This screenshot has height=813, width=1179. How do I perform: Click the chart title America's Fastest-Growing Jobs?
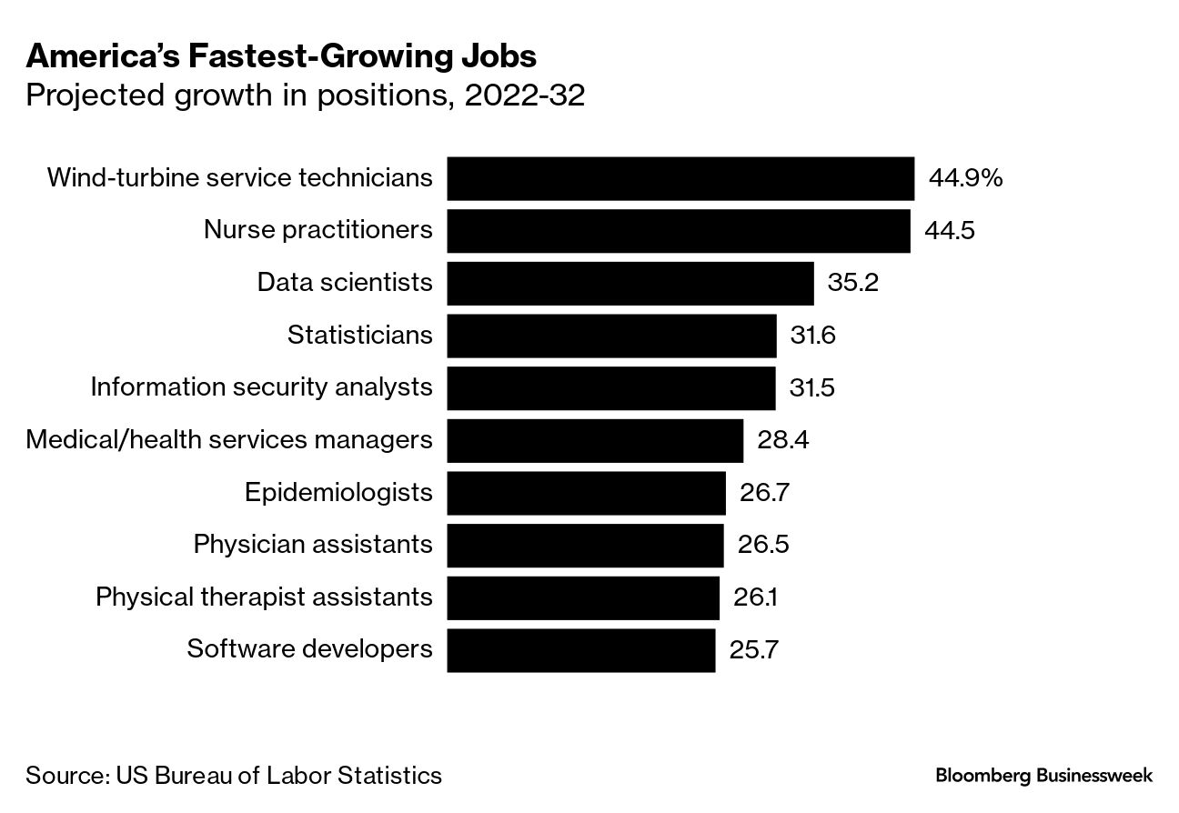pos(281,57)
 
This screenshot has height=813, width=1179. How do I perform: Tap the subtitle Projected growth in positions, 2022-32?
pos(305,95)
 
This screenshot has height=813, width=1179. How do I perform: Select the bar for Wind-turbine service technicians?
pos(680,178)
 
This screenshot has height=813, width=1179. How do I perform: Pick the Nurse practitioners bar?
pos(679,231)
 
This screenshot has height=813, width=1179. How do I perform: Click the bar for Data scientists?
pos(630,283)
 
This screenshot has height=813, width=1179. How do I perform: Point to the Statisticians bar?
pos(611,336)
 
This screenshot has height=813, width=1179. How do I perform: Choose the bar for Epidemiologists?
pos(586,493)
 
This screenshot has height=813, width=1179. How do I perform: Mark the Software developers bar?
pos(581,650)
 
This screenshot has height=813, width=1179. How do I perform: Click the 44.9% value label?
pos(965,178)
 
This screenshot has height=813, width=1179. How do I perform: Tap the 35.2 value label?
pos(852,283)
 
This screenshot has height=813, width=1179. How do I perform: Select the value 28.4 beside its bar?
pos(782,441)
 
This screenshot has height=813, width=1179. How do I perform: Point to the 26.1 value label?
pos(755,597)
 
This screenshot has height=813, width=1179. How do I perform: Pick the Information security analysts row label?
pos(261,387)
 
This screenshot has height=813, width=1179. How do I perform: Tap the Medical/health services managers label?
pos(229,440)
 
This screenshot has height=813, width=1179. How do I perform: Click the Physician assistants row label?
pos(313,545)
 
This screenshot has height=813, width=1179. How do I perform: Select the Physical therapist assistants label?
pos(264,597)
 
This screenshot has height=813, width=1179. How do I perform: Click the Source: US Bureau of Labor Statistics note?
pos(234,776)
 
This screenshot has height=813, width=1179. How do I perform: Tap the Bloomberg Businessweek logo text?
pos(1043,776)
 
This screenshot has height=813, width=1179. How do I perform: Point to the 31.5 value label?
pos(812,388)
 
